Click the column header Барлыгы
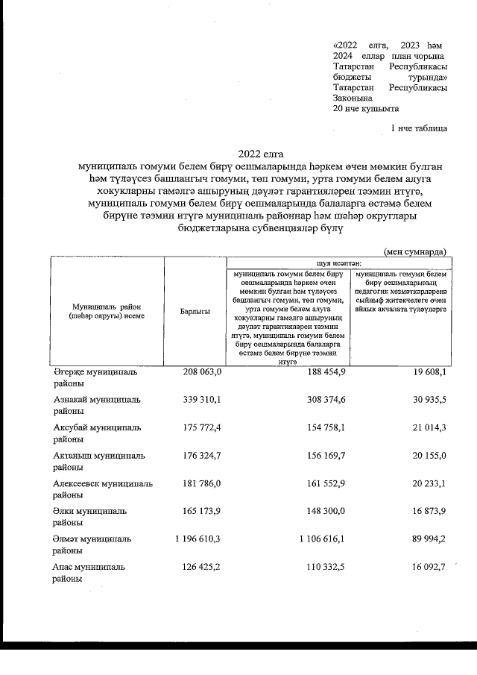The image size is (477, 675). (x=195, y=311)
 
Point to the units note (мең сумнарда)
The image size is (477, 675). (x=415, y=252)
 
